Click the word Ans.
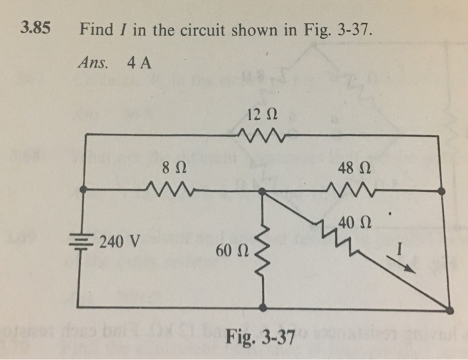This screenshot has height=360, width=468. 93,64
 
